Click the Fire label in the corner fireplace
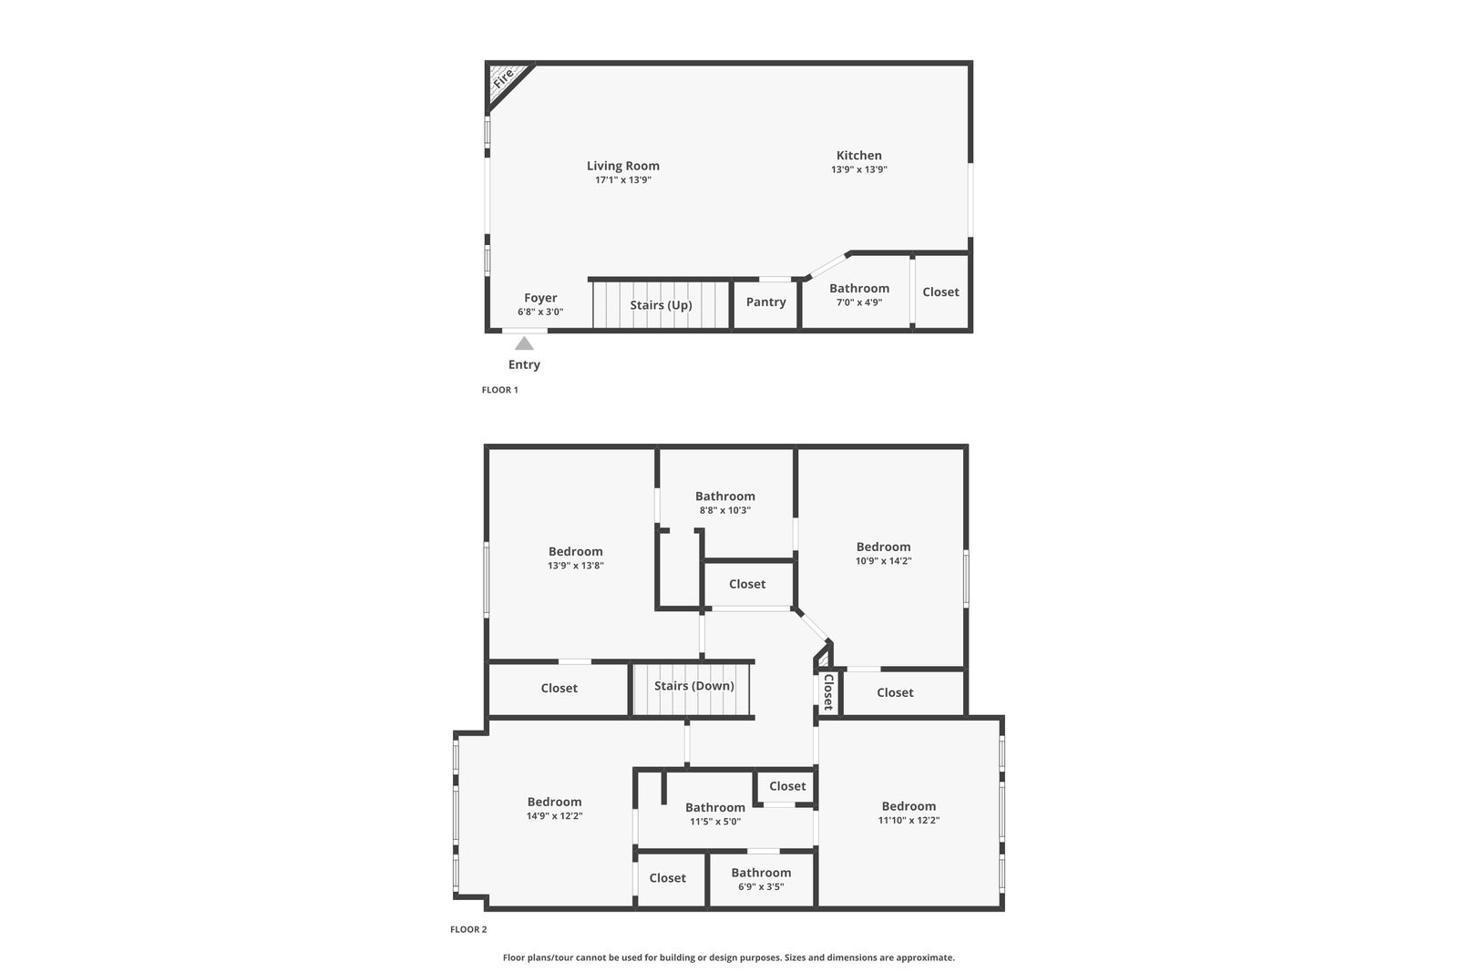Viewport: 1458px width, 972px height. (503, 78)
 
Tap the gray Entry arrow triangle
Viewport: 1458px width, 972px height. (524, 343)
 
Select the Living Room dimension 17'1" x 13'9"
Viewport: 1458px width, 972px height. (623, 180)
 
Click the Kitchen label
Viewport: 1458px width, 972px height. (858, 155)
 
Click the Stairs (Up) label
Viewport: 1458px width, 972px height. (661, 305)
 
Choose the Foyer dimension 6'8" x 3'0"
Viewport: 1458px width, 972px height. (540, 312)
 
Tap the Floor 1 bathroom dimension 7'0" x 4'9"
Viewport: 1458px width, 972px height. (859, 302)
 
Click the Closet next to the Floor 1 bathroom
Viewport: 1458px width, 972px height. (940, 292)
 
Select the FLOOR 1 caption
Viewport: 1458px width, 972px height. (500, 390)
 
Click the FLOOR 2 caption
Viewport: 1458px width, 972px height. (468, 929)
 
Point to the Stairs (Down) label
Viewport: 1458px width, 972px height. (693, 686)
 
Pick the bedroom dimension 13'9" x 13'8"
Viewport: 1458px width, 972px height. (575, 566)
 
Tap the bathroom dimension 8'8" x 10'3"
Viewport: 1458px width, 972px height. (725, 511)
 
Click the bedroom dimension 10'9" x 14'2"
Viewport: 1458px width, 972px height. (883, 561)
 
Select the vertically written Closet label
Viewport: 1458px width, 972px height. (828, 691)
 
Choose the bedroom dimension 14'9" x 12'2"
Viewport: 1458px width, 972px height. (555, 816)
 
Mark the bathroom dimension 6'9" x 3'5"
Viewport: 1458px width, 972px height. (761, 886)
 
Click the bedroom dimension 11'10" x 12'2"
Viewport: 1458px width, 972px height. (909, 821)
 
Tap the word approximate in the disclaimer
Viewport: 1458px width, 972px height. (925, 957)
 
